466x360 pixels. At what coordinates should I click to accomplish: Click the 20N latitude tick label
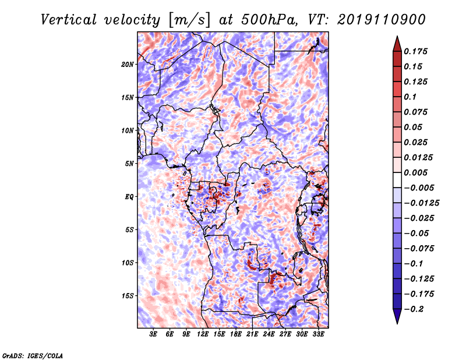(x=128, y=64)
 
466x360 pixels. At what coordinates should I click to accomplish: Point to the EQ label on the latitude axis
(x=129, y=197)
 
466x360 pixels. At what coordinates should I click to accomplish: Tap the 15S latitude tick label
(x=128, y=296)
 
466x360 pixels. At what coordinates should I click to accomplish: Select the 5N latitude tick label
(x=129, y=164)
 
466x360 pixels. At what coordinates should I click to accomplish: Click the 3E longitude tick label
(x=153, y=334)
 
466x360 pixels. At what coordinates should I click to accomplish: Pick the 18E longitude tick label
(x=236, y=334)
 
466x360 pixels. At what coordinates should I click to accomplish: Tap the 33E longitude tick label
(x=318, y=334)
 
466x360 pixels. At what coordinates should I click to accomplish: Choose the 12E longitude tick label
(x=203, y=334)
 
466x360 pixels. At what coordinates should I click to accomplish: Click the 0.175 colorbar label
(x=415, y=51)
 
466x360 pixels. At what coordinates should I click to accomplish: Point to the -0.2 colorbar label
(x=414, y=309)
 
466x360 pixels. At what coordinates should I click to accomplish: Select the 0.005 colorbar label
(x=415, y=172)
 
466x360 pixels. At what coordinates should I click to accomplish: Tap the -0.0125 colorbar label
(x=421, y=203)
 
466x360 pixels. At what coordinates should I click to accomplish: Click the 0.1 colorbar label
(x=410, y=97)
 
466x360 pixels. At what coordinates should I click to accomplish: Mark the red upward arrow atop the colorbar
(x=397, y=44)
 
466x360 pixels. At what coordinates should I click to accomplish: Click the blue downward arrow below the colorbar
(x=397, y=316)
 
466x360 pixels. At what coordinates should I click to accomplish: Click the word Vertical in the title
(x=69, y=20)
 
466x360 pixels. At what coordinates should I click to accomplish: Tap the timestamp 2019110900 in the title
(x=382, y=20)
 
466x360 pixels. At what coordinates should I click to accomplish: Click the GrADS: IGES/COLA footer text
(x=33, y=355)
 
